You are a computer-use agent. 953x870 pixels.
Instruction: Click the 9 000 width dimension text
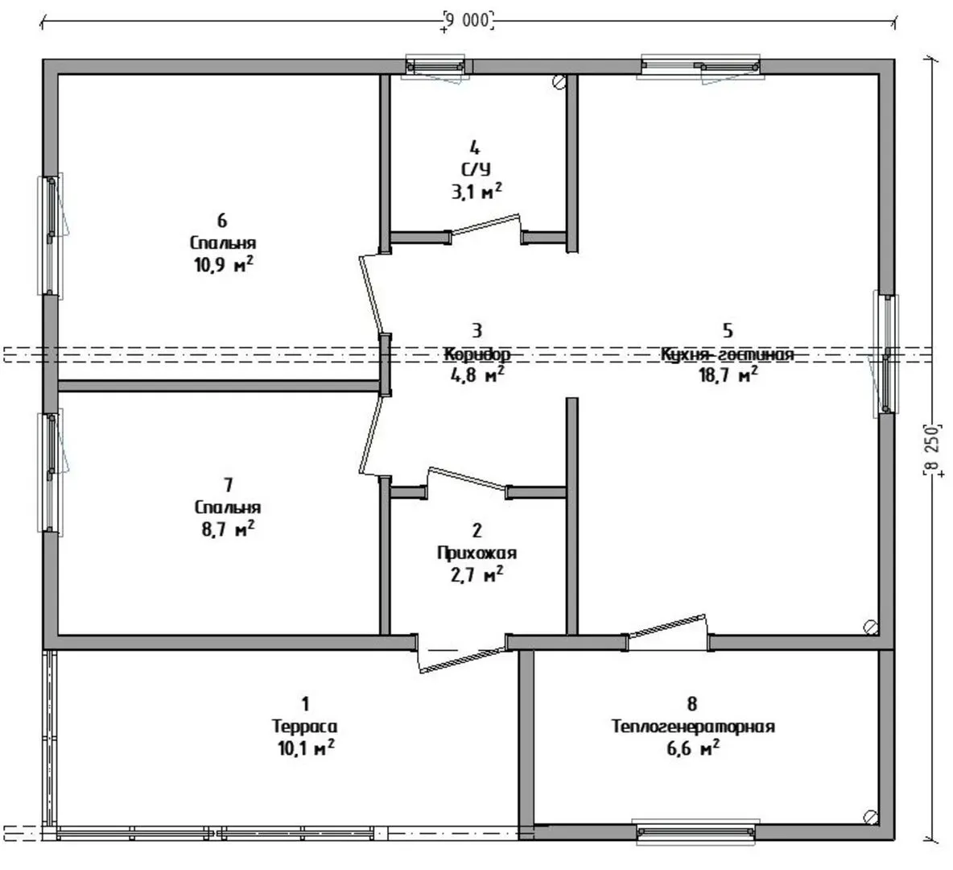click(x=468, y=20)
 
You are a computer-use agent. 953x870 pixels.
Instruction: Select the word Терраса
click(x=304, y=727)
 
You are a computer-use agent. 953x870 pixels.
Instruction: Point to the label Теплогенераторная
click(x=694, y=727)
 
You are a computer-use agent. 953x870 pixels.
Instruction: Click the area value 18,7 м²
click(x=728, y=374)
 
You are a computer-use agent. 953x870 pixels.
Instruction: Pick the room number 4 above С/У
click(x=475, y=147)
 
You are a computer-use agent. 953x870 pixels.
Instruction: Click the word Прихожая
click(x=477, y=553)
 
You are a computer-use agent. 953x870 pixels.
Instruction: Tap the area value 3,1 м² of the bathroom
click(x=476, y=192)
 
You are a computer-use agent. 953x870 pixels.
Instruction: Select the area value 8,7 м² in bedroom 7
click(x=228, y=528)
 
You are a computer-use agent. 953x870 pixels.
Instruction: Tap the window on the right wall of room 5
click(x=886, y=354)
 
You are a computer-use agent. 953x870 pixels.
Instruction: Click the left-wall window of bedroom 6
click(x=52, y=235)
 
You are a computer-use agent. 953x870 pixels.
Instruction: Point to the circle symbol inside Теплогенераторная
click(x=870, y=817)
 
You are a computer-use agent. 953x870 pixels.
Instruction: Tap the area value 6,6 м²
click(x=694, y=748)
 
